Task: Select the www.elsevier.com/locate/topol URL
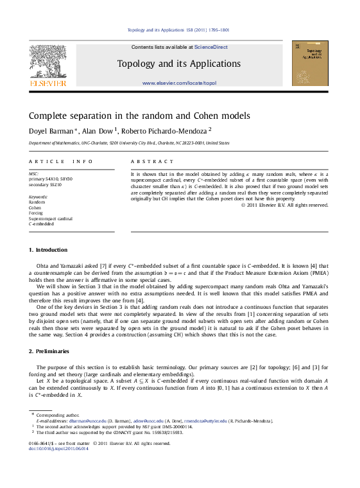(x=179, y=83)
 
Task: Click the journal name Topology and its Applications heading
(x=179, y=64)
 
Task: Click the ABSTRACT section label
(x=152, y=162)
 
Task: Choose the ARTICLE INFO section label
(x=56, y=162)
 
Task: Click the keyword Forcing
(x=37, y=213)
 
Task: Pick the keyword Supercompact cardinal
(x=51, y=219)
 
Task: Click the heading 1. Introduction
(x=48, y=250)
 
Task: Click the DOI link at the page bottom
(x=59, y=448)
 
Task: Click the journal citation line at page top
(x=179, y=30)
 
